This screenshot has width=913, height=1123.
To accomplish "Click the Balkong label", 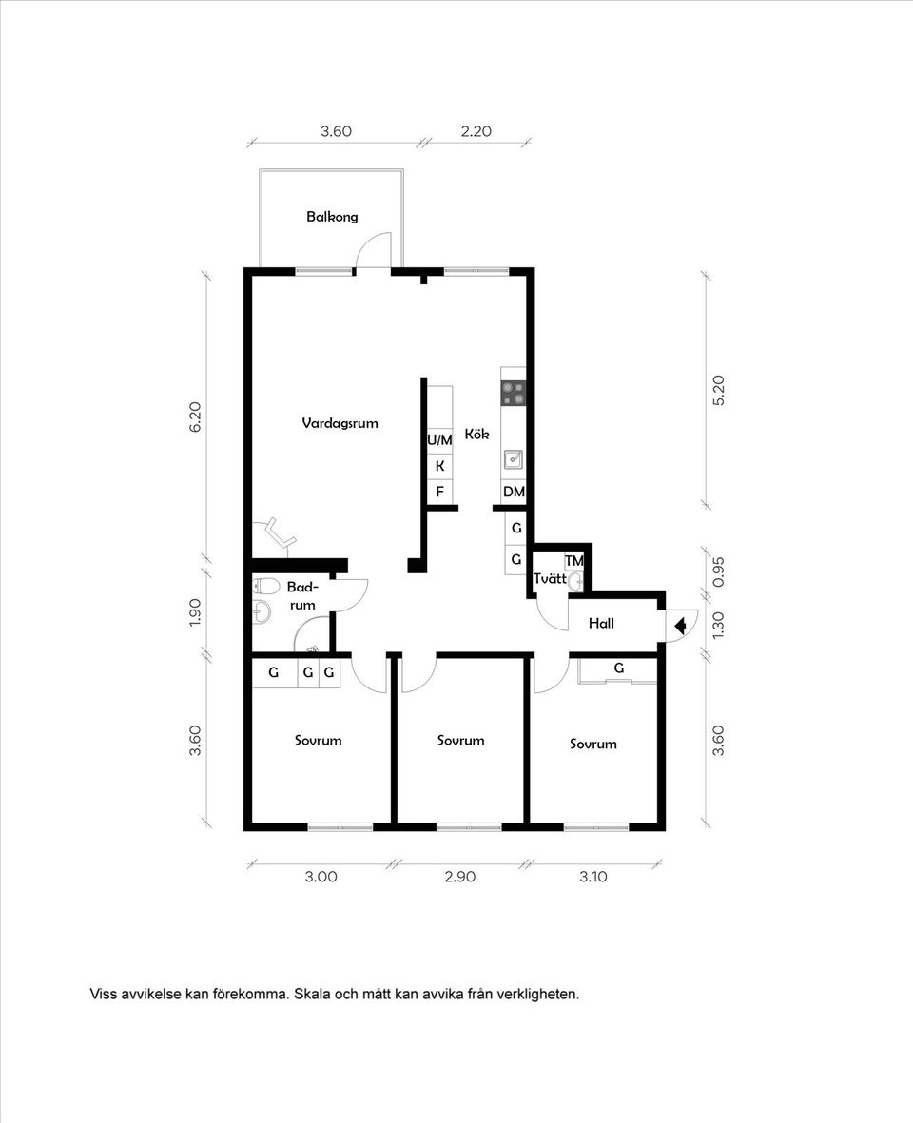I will coord(332,217).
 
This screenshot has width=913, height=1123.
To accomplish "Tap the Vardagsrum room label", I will coord(340,423).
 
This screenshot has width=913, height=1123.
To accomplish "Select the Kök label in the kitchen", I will coord(476,434).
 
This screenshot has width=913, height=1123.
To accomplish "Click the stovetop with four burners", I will coord(514,394).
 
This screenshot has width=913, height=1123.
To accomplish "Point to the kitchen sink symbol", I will coord(514,459).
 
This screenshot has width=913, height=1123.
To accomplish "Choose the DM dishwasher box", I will coord(514,492).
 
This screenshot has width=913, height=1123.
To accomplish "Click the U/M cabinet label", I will coord(439,440).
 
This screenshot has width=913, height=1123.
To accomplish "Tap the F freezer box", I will coord(439,492).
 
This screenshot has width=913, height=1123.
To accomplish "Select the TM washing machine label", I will coord(573,561).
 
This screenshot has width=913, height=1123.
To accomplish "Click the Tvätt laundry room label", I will coord(550,578).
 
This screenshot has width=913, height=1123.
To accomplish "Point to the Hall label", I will coord(601,624).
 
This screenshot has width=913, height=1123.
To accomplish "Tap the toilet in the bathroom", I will coord(263,585).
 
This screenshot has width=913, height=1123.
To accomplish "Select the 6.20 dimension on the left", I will coord(195,417).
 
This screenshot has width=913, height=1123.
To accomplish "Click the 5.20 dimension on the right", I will coord(718,391).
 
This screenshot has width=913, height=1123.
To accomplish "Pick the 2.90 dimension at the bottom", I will coord(459,877).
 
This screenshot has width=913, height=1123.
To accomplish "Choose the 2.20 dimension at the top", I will coord(476,132).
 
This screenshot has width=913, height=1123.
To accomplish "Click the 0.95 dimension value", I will coord(718,571).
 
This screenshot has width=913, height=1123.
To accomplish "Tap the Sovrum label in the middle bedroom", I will coord(460,740).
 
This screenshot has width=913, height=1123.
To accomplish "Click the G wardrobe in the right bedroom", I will coord(619,668).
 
